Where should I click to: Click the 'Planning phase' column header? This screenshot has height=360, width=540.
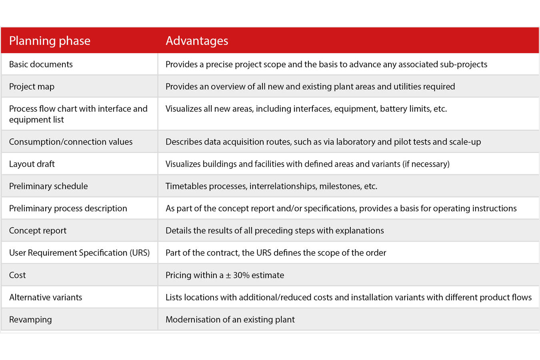click(50, 41)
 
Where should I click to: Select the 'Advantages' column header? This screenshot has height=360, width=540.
click(197, 41)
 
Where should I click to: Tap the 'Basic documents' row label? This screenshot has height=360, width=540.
click(41, 64)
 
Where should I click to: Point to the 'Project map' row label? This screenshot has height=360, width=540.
click(32, 87)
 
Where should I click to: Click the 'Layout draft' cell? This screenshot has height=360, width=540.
click(32, 164)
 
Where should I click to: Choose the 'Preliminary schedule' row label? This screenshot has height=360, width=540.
click(48, 186)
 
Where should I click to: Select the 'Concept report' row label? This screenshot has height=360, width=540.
click(38, 231)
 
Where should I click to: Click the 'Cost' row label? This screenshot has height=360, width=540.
click(17, 275)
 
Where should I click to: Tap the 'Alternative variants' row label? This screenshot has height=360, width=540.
click(46, 298)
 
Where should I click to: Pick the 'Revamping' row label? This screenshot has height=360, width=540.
click(30, 320)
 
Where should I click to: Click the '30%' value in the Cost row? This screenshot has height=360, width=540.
click(242, 275)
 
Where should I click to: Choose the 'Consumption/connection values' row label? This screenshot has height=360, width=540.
click(71, 142)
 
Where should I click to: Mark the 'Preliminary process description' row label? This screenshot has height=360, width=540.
click(68, 208)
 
